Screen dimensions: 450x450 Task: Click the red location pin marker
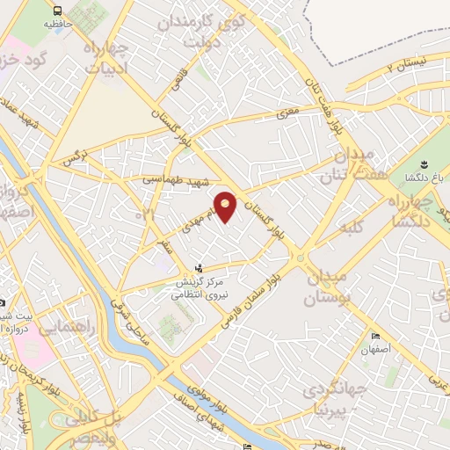227,207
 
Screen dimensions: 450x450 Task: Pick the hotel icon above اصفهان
375,337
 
